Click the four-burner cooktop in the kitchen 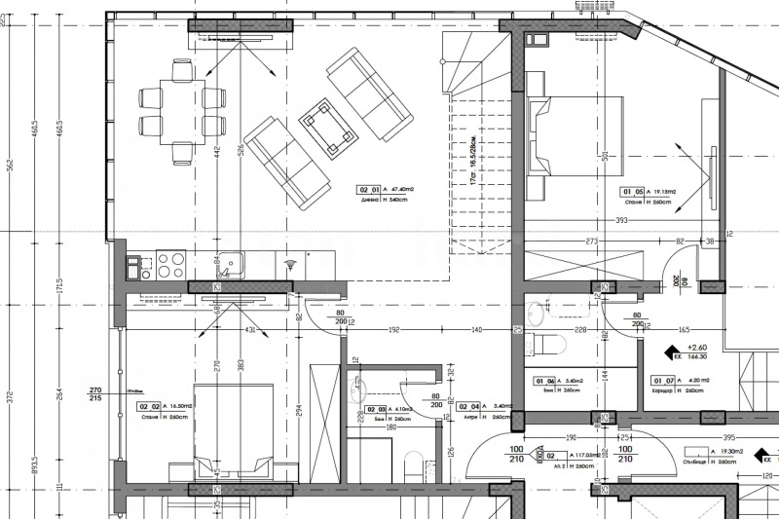(170, 265)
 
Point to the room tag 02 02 (149, 406)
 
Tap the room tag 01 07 (663, 381)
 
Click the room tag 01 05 (633, 192)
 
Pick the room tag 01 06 (545, 381)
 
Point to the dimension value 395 (728, 437)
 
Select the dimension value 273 (590, 241)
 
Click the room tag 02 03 (377, 408)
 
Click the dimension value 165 (684, 331)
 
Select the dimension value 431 (249, 331)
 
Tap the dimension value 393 (621, 221)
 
